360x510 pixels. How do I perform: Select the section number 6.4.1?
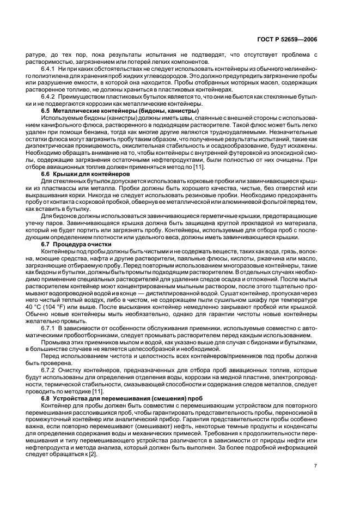click(50, 70)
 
